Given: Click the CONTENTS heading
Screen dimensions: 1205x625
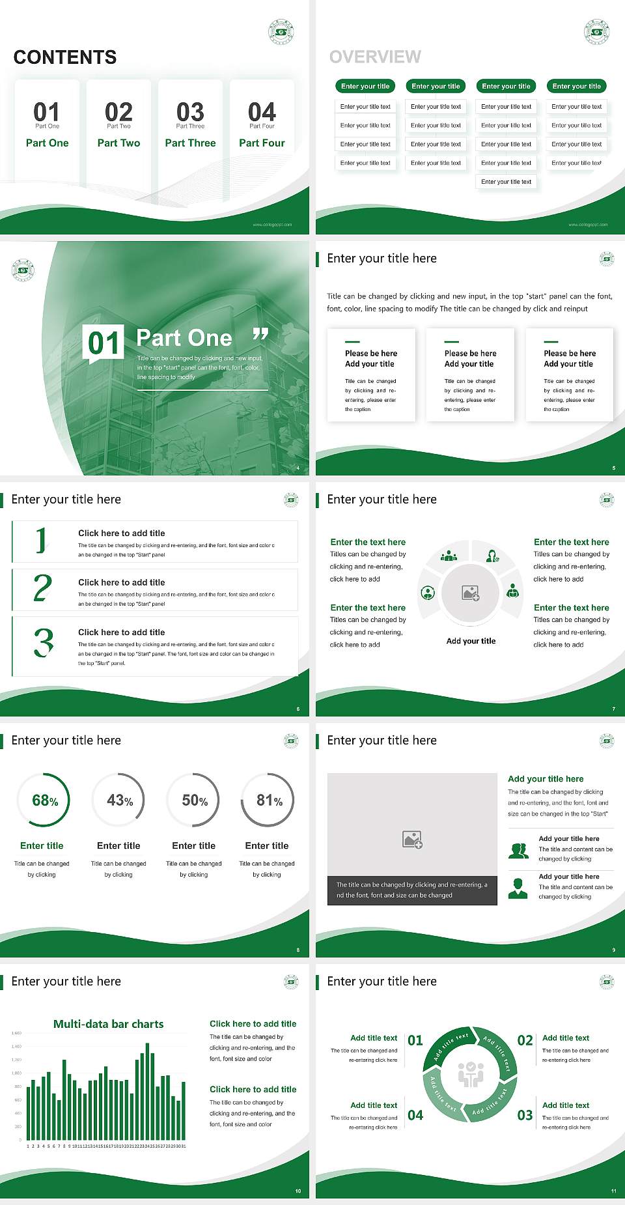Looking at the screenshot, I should (65, 57).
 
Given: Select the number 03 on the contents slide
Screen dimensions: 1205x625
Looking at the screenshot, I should (190, 112).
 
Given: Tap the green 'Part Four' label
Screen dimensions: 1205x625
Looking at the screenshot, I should (262, 143).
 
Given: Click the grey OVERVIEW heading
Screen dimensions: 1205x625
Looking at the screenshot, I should (375, 57).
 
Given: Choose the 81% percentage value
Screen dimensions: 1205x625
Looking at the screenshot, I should (269, 801).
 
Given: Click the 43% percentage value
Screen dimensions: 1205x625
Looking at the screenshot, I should (120, 801).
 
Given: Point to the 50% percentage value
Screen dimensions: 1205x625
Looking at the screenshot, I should (195, 801).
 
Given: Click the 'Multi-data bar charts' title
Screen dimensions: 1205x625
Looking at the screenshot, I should (109, 1024).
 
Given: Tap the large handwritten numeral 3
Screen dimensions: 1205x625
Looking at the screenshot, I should (44, 642).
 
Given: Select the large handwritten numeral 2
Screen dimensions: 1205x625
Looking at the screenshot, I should (42, 588).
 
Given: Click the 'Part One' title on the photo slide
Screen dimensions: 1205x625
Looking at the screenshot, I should (184, 338).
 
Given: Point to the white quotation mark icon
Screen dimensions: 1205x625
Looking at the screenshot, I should (260, 335).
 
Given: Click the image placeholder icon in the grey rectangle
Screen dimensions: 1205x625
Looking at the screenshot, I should (413, 840).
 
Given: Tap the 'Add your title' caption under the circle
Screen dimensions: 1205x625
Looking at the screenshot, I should (471, 641).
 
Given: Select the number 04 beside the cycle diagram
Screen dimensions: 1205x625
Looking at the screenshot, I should (415, 1115).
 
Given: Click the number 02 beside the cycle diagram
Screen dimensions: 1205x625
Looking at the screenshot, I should (525, 1040).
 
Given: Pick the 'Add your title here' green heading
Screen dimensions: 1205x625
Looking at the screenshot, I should (546, 778).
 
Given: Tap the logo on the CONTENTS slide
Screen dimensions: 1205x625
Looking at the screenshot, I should (281, 32).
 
